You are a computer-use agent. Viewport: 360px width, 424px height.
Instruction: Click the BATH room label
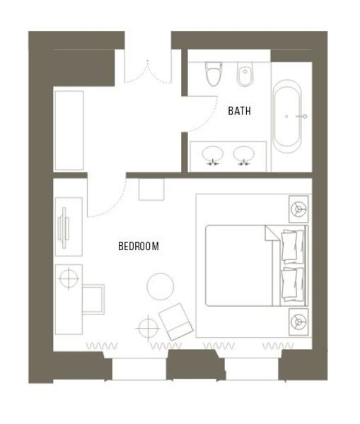point(239,111)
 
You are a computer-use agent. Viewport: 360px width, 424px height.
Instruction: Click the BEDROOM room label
point(139,246)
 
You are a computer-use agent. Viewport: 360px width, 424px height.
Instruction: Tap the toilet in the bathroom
point(214,73)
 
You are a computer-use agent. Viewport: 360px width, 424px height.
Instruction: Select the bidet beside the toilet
point(245,73)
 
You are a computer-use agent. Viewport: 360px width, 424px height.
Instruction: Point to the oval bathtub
point(286,117)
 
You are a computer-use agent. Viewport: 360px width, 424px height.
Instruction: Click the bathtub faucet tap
point(302,117)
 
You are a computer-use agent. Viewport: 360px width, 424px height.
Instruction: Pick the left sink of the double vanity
point(213,154)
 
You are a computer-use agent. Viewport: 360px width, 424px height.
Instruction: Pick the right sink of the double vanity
point(243,154)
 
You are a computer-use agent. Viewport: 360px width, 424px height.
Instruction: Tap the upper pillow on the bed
point(292,246)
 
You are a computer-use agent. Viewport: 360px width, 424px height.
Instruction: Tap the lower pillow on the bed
point(292,284)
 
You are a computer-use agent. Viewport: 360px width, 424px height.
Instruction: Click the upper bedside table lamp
point(298,209)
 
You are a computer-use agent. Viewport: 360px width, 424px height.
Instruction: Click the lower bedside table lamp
point(298,322)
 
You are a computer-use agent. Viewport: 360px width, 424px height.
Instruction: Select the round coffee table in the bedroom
point(161,286)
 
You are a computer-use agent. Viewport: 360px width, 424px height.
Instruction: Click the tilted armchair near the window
point(176,322)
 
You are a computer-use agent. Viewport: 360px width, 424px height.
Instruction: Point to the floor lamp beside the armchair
point(148,328)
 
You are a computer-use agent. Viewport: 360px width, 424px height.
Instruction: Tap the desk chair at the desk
point(93,300)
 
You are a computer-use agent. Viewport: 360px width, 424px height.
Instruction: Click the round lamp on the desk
point(69,278)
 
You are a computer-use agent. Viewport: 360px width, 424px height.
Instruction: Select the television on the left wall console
point(64,228)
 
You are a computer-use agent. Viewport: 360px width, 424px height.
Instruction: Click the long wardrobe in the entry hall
point(69,130)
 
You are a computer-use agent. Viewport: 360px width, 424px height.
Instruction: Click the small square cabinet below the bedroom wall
point(151,189)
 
